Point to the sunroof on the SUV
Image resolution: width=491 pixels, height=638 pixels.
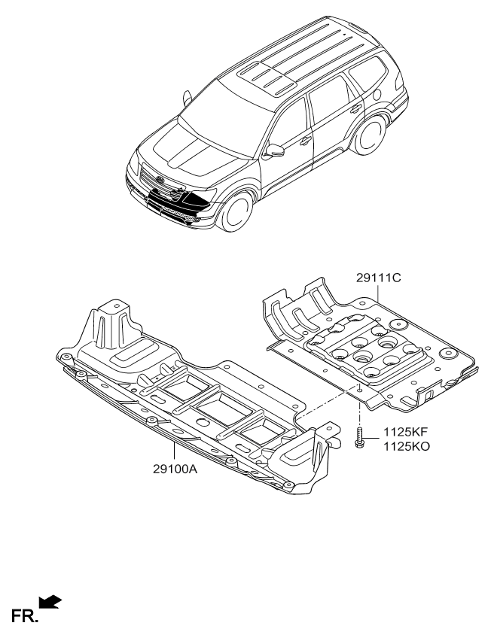[264, 75]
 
